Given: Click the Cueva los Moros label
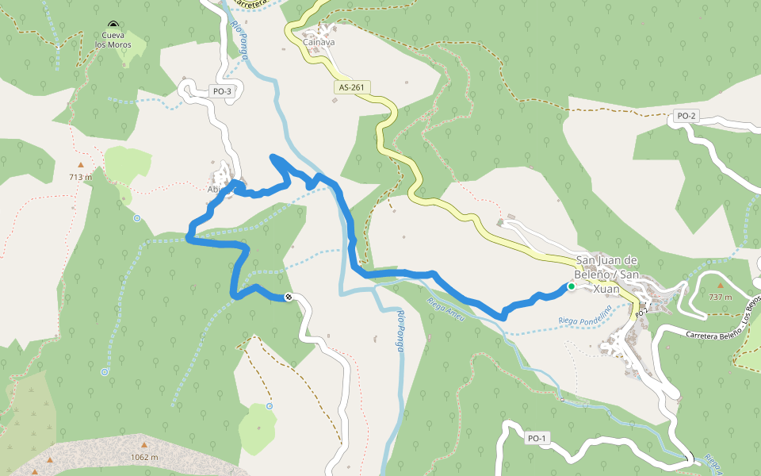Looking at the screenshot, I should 113,40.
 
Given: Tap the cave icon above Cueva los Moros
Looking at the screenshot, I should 113,25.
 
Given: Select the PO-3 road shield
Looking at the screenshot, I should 223,91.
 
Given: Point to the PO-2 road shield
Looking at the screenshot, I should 686,116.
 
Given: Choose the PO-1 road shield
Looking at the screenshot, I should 537,438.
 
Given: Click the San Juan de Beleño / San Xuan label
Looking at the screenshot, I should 607,274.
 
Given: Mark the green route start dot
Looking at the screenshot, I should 571,286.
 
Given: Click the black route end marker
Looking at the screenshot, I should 289,297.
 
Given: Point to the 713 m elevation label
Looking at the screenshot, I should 80,177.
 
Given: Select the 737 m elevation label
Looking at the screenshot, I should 720,297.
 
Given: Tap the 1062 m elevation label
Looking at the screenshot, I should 144,457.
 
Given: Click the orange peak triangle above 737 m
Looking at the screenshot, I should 720,285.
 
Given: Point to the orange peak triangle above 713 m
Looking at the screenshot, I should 79,165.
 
